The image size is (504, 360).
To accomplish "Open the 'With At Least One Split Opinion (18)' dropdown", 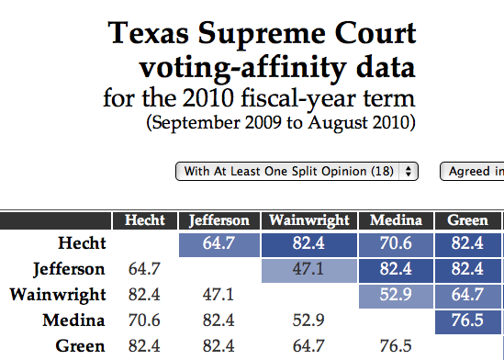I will [297, 171].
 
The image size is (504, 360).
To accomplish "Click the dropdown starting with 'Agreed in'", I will [472, 171].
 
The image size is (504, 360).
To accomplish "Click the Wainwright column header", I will [309, 220].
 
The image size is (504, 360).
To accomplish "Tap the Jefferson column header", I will [218, 220].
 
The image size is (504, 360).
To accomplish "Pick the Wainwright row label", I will [57, 295].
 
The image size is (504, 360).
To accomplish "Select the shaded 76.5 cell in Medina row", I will [467, 321].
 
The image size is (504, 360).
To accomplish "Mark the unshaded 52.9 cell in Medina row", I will [309, 321].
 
